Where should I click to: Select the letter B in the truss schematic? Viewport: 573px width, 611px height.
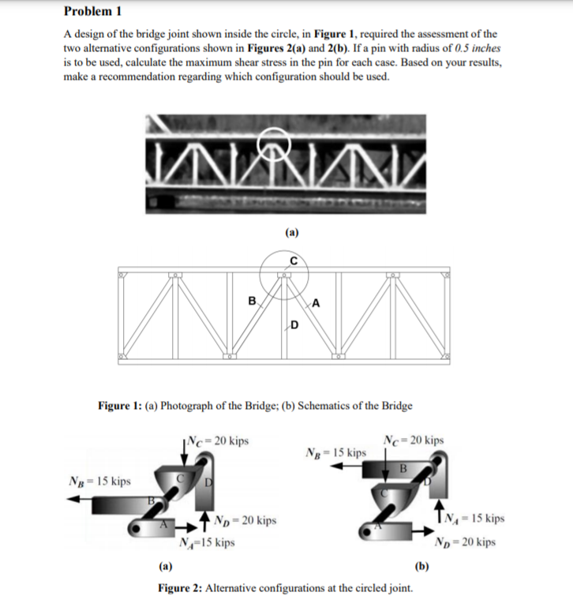click(x=252, y=301)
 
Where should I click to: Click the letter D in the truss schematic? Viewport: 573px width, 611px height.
click(x=294, y=324)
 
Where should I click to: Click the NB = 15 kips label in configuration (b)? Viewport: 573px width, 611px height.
click(x=335, y=453)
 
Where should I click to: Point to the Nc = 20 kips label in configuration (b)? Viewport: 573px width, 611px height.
click(x=413, y=440)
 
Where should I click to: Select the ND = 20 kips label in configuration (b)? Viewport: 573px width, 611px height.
click(x=466, y=542)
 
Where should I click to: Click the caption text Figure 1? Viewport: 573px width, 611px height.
click(x=119, y=406)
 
